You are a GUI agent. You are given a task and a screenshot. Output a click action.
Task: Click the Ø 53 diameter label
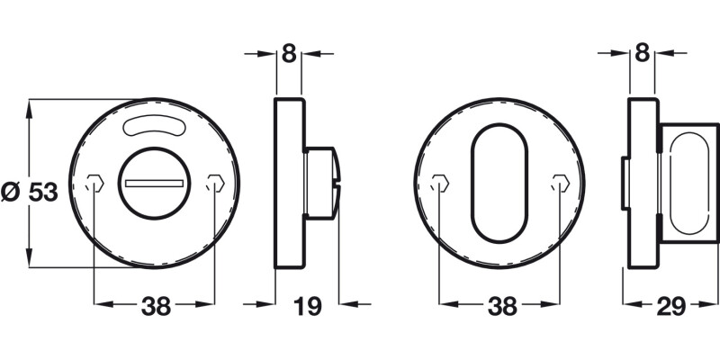pos(30,193)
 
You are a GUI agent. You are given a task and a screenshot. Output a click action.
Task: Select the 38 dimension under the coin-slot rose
pos(156,307)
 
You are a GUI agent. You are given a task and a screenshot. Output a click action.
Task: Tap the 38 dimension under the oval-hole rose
pos(501,307)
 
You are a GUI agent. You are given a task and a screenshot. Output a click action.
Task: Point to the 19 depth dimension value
pos(308,307)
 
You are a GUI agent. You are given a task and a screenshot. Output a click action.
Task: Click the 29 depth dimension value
pos(670,307)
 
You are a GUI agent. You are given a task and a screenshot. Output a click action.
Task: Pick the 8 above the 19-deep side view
pos(288,53)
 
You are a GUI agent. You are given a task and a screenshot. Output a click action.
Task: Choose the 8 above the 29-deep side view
pos(642,53)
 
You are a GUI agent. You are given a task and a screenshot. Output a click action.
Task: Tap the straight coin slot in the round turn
pos(155,184)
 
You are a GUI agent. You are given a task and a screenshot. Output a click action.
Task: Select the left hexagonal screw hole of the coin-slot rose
pos(94,184)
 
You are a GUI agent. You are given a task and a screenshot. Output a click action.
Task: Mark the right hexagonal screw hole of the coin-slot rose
pos(214,184)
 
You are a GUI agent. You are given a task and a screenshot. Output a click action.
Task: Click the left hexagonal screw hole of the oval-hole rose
pos(438,184)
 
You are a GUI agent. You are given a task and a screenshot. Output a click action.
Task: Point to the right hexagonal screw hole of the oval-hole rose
pos(560,184)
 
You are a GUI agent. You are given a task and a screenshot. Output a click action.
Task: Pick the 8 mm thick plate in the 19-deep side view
pos(288,184)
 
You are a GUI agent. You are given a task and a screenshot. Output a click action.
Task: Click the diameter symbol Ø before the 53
pos(11,193)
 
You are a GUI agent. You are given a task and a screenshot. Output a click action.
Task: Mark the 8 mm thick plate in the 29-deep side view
pos(642,184)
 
